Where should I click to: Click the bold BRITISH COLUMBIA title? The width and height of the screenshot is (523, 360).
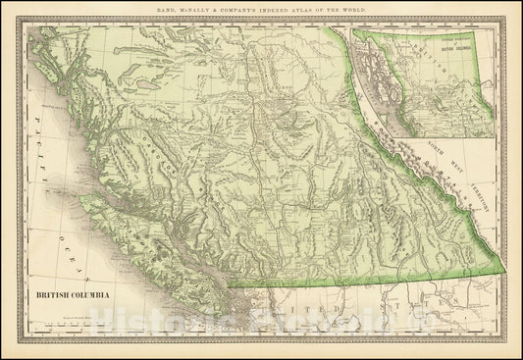(x=67, y=294)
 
